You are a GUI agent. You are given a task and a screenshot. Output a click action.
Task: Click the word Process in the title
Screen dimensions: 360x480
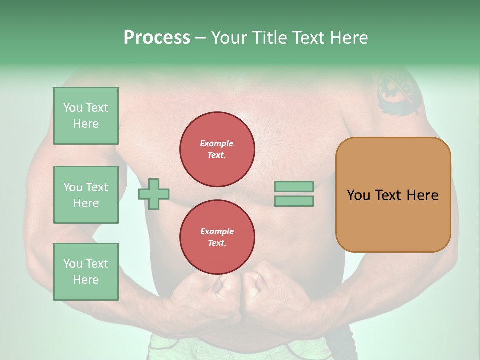(157, 38)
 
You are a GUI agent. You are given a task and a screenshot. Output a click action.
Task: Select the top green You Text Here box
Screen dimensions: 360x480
(86, 116)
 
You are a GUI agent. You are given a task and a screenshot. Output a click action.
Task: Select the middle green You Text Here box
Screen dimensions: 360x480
(86, 195)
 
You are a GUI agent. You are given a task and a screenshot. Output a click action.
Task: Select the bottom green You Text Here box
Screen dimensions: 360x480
(86, 272)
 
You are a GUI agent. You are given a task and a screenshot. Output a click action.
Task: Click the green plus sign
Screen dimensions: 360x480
(154, 194)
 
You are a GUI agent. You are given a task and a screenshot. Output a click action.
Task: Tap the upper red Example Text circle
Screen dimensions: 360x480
(217, 149)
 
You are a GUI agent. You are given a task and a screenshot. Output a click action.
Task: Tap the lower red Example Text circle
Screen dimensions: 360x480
(217, 237)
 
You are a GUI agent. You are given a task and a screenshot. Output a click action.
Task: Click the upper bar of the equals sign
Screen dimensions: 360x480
(294, 186)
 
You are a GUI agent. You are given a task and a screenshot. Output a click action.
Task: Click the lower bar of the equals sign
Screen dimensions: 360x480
(294, 201)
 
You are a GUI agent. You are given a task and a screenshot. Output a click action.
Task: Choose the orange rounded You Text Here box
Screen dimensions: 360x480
(393, 195)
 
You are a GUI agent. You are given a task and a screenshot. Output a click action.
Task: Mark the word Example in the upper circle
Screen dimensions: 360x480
(216, 144)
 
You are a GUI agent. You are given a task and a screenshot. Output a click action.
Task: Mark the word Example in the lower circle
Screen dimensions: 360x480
(217, 232)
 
